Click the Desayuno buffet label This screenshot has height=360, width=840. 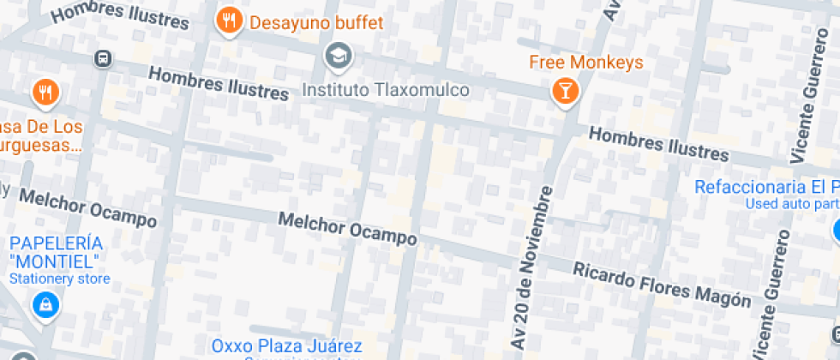point(316,22)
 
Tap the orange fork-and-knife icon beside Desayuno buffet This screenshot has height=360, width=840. point(228,21)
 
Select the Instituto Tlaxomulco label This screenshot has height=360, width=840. point(387,90)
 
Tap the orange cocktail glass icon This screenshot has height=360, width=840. point(565,91)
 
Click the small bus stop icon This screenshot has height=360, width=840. point(102,58)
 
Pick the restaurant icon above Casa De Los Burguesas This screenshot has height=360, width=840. point(45,93)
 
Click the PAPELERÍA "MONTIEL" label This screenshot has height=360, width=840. point(56,252)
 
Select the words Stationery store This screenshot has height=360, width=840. point(59,279)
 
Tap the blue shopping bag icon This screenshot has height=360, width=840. point(44,304)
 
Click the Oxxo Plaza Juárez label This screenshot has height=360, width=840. point(287,346)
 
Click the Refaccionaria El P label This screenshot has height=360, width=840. point(765,187)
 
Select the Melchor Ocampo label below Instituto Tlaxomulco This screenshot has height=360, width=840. point(348,228)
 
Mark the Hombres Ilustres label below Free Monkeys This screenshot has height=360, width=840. point(658,144)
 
